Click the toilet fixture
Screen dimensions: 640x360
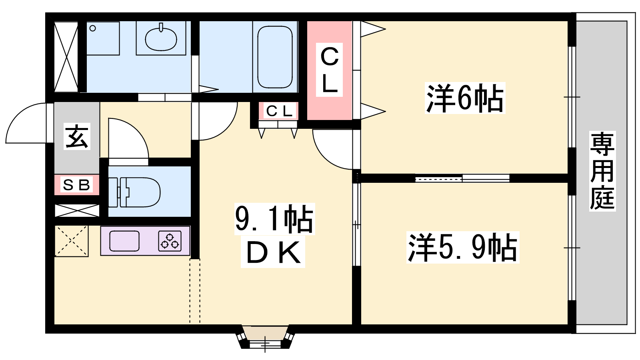134,192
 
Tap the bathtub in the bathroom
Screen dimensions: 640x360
275,57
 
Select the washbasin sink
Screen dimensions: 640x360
161,38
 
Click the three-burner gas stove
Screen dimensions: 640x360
170,241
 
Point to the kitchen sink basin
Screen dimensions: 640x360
124,241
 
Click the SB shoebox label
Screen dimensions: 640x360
76,185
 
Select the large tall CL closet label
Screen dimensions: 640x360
330,70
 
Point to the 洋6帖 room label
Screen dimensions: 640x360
465,98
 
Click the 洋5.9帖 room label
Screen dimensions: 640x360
463,248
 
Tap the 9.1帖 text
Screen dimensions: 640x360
274,219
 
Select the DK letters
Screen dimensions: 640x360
273,252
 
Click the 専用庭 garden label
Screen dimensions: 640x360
602,171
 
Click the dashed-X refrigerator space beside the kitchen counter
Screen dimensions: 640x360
71,241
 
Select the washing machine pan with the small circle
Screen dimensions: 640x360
103,38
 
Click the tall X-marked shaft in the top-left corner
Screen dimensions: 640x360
66,56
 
